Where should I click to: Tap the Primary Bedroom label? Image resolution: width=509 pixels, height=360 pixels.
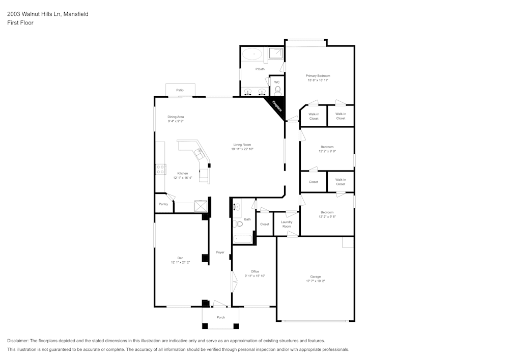tap(318, 76)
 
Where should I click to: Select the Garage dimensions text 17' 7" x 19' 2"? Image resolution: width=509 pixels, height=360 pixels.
tap(315, 281)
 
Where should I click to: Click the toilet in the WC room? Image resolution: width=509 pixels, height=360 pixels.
tap(277, 90)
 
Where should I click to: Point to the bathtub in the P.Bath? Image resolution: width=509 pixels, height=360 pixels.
tap(251, 53)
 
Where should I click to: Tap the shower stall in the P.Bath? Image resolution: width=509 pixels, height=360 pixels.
tap(275, 53)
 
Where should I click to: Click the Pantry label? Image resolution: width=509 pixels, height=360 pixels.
tap(163, 204)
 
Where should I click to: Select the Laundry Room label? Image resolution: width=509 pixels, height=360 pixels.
tap(287, 224)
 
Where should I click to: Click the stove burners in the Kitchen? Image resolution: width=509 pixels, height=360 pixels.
tap(160, 169)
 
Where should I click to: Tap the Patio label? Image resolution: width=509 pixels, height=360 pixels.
tap(180, 90)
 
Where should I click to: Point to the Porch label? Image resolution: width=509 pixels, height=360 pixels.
tap(220, 317)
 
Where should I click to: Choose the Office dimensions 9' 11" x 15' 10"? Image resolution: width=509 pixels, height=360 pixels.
tap(255, 276)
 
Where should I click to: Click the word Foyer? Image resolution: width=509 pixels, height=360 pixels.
tap(220, 252)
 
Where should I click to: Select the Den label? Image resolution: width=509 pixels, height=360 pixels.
tap(180, 258)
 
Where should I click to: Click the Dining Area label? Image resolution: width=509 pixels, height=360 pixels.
tap(176, 117)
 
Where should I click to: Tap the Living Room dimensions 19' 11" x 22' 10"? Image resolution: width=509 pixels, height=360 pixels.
tap(242, 149)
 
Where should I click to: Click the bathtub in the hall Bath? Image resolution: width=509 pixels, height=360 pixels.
tap(242, 238)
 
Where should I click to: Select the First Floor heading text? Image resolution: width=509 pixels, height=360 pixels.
tap(20, 23)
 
